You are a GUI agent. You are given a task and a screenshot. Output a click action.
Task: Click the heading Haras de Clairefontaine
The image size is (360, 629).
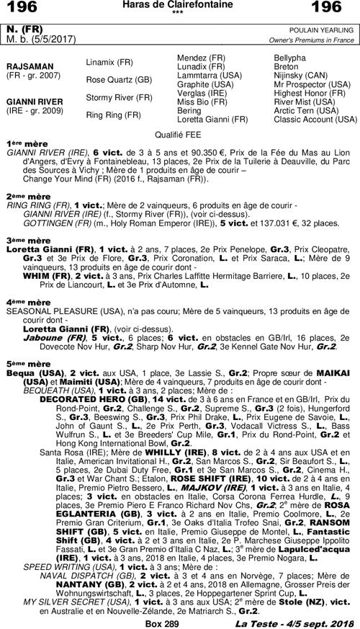coord(180,6)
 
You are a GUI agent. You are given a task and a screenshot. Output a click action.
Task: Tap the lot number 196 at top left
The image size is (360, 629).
coord(24,8)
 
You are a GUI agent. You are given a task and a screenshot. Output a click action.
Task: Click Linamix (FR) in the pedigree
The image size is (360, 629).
coord(109,63)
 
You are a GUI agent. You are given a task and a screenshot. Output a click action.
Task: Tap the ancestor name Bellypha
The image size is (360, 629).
coord(291,57)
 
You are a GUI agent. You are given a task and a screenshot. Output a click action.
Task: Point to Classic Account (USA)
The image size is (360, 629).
coord(315,119)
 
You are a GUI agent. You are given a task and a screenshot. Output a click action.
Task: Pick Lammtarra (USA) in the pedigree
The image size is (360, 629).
coord(209,75)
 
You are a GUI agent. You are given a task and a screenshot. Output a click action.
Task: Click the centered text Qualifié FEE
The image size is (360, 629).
coord(179,134)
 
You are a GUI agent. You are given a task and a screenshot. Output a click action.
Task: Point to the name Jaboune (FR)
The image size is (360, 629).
coord(50,337)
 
